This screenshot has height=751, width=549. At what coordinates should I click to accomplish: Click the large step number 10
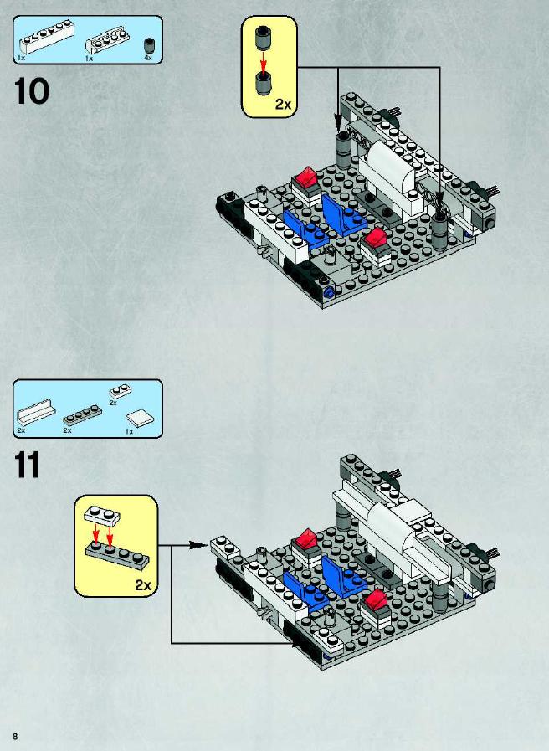(32, 91)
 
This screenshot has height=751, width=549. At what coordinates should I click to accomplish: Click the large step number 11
(27, 465)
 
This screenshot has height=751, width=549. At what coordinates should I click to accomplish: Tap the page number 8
(15, 736)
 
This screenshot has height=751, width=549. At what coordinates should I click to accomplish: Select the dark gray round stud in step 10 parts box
(149, 45)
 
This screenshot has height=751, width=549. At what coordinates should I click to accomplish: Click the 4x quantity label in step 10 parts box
(148, 58)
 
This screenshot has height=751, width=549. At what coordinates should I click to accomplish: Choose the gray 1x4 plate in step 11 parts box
(82, 414)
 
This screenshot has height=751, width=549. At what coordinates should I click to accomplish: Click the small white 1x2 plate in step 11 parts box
(121, 392)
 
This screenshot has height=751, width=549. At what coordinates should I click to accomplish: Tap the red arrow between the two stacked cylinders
(262, 60)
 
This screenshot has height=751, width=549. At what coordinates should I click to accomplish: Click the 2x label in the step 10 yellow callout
(283, 104)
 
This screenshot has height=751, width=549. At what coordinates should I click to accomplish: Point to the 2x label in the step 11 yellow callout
(143, 584)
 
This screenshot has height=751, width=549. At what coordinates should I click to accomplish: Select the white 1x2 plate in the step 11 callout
(102, 515)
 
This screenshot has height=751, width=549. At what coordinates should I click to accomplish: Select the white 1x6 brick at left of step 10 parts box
(47, 36)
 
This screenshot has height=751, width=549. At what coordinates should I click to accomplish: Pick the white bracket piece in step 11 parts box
(36, 412)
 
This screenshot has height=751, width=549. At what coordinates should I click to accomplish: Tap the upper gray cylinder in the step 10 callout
(262, 38)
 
